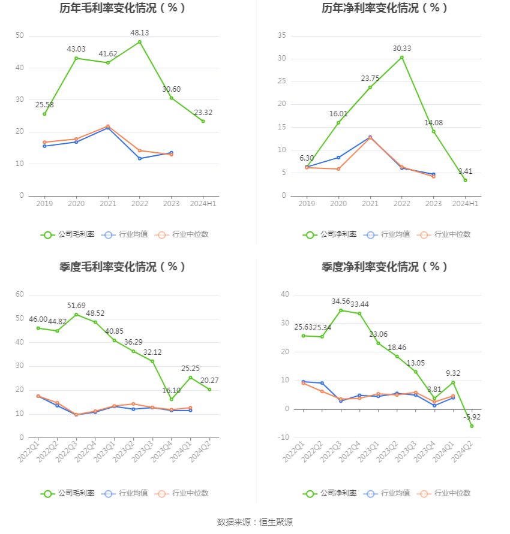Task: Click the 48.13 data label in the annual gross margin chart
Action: (x=140, y=33)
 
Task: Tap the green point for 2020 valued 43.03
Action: (x=76, y=58)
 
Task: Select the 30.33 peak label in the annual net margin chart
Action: (x=402, y=48)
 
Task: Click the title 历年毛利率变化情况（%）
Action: (x=122, y=8)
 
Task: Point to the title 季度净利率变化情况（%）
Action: (x=385, y=267)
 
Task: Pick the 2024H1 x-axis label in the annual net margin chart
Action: (x=465, y=204)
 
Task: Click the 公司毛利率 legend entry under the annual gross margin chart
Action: (x=68, y=234)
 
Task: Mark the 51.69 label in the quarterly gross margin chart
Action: (x=76, y=305)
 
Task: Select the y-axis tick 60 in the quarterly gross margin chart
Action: (x=20, y=294)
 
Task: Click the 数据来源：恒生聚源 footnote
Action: (x=255, y=522)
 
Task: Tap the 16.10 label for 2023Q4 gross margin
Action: (x=171, y=390)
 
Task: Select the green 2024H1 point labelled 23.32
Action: (x=203, y=121)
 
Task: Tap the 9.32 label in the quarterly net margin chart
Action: (x=454, y=373)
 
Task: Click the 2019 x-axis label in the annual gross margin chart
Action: (x=44, y=204)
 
